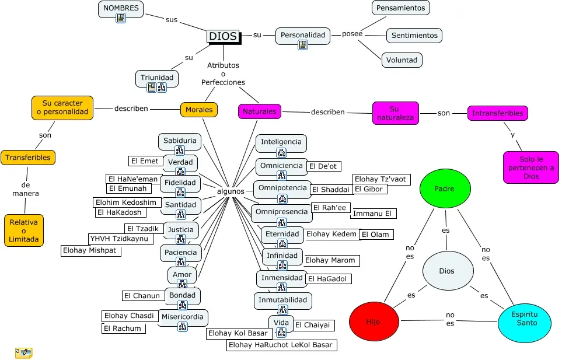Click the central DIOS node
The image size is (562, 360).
pyautogui.click(x=224, y=37)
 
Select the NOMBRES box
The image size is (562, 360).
pyautogui.click(x=121, y=9)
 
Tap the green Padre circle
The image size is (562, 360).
pyautogui.click(x=445, y=188)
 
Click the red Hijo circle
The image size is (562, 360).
pyautogui.click(x=374, y=321)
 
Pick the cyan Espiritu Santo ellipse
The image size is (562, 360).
pyautogui.click(x=525, y=323)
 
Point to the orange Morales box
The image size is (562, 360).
pyautogui.click(x=199, y=110)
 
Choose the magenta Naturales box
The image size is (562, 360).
pyautogui.click(x=260, y=111)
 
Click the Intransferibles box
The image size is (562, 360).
pyautogui.click(x=497, y=113)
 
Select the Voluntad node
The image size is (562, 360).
pyautogui.click(x=402, y=60)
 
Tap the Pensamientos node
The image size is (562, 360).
pyautogui.click(x=401, y=8)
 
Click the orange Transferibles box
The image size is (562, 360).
pyautogui.click(x=28, y=158)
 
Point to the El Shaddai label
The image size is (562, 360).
pyautogui.click(x=331, y=190)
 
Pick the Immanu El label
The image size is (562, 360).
pyautogui.click(x=373, y=214)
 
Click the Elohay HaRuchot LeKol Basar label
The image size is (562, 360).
pyautogui.click(x=281, y=345)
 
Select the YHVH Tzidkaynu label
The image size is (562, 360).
pyautogui.click(x=120, y=239)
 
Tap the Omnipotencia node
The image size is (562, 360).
pyautogui.click(x=282, y=188)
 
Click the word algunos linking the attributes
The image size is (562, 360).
pyautogui.click(x=231, y=191)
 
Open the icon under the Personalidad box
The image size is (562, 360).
pyautogui.click(x=303, y=45)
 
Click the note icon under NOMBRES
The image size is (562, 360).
pyautogui.click(x=121, y=18)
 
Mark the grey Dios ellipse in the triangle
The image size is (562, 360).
pyautogui.click(x=448, y=271)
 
